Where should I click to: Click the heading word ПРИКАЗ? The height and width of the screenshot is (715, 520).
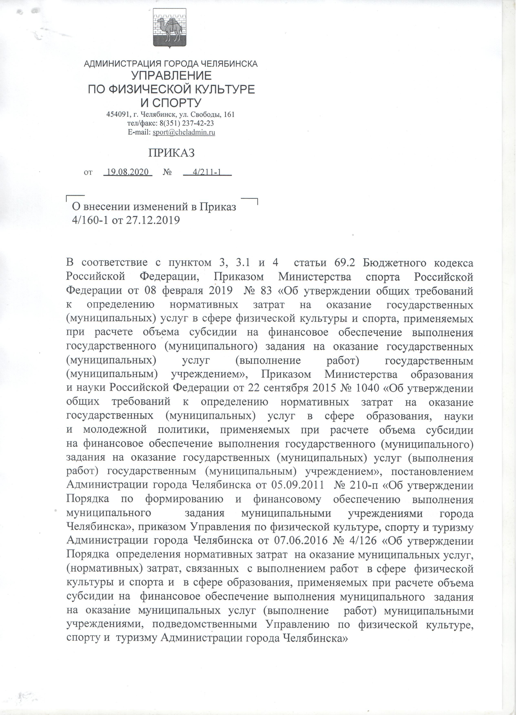point(171,154)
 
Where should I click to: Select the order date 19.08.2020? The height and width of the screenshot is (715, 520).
point(128,173)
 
